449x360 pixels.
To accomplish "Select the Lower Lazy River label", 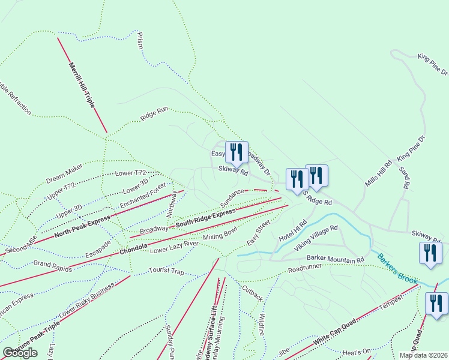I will (174, 247).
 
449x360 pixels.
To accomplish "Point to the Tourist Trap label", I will (166, 271).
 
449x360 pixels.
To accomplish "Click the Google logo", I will (20, 353).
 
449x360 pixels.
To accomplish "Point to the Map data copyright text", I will (422, 355).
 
